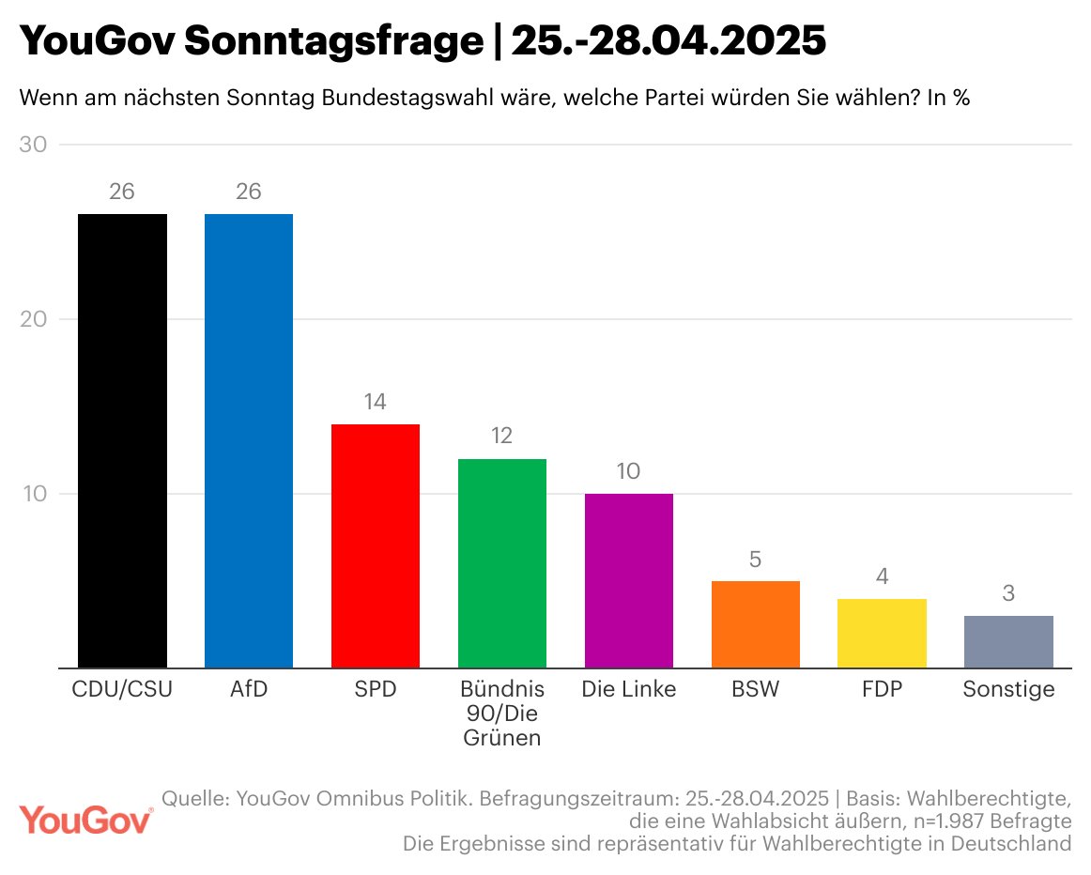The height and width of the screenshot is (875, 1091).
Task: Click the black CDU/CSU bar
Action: tap(122, 440)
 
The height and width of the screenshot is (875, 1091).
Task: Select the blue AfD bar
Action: tap(249, 440)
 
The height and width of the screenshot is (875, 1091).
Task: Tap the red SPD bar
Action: tap(376, 545)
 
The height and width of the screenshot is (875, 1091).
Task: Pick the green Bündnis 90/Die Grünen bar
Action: tap(502, 563)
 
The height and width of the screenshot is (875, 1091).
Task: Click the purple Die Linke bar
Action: tap(629, 580)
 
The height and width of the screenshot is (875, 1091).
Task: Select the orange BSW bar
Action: tap(756, 624)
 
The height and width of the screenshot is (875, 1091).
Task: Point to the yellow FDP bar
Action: tap(883, 633)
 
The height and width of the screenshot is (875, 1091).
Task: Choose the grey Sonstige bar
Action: tap(1008, 641)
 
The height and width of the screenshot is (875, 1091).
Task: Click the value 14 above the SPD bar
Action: tap(376, 402)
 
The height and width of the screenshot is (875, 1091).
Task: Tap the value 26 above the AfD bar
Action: tap(249, 192)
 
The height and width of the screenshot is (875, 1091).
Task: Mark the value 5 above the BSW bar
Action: tap(756, 560)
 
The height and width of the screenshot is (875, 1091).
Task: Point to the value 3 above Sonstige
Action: tap(1008, 593)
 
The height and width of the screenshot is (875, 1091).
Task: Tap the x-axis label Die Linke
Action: tap(629, 689)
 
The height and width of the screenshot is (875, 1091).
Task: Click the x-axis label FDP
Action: tap(883, 689)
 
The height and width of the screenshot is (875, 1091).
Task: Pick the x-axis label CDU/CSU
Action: tap(122, 689)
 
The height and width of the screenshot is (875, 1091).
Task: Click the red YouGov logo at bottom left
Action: tap(86, 819)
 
